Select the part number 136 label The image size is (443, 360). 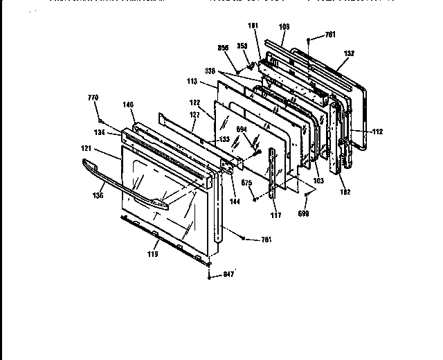(98, 196)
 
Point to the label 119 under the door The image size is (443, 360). (152, 254)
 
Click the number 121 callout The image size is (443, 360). (87, 150)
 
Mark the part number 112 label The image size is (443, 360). (377, 132)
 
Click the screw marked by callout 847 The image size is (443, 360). (208, 275)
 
